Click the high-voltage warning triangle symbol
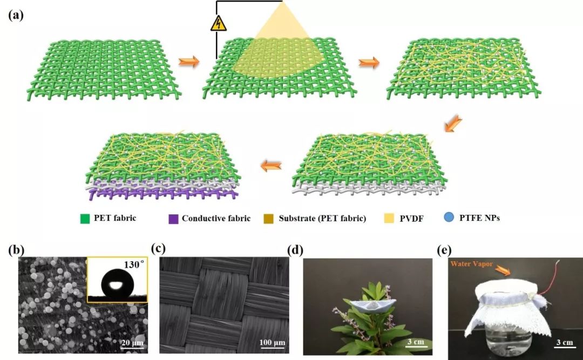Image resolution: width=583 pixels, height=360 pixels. pyautogui.click(x=218, y=24)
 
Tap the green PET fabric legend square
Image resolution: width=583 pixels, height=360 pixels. pyautogui.click(x=85, y=219)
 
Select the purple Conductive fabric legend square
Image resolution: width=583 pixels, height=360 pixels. pyautogui.click(x=173, y=219)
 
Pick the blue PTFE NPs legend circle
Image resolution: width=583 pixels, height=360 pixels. pyautogui.click(x=449, y=217)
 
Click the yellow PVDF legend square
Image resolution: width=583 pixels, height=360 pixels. pyautogui.click(x=389, y=218)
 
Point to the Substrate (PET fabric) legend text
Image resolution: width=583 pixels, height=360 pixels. pyautogui.click(x=322, y=218)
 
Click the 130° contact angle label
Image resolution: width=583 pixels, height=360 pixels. pyautogui.click(x=133, y=264)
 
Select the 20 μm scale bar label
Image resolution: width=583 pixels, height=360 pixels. pyautogui.click(x=132, y=342)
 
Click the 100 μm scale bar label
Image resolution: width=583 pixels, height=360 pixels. pyautogui.click(x=273, y=342)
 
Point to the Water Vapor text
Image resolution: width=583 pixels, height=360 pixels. pyautogui.click(x=471, y=264)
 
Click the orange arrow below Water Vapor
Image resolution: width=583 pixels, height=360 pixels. pyautogui.click(x=503, y=270)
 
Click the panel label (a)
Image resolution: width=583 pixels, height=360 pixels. pyautogui.click(x=16, y=15)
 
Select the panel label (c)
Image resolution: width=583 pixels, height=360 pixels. pyautogui.click(x=158, y=248)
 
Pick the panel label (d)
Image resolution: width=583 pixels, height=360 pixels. pyautogui.click(x=296, y=250)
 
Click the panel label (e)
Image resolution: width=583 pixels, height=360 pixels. pyautogui.click(x=444, y=250)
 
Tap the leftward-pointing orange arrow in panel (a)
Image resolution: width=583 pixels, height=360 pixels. pyautogui.click(x=271, y=166)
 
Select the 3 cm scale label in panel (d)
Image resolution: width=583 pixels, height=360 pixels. pyautogui.click(x=415, y=342)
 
